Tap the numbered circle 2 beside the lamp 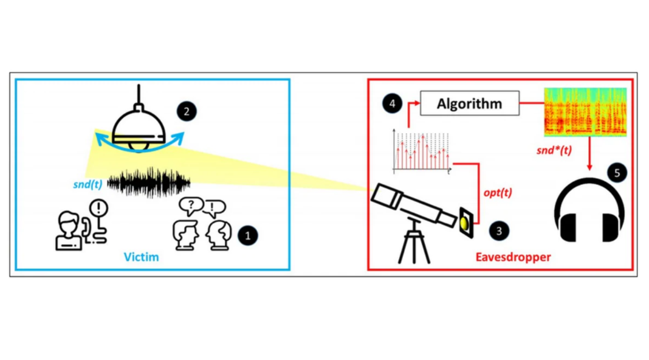tap(185, 111)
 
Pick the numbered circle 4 tap(392, 104)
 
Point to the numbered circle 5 tap(617, 173)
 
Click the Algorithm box tap(469, 104)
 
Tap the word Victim tap(142, 257)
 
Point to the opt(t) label tap(498, 193)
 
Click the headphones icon tap(589, 210)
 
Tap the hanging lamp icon tap(140, 128)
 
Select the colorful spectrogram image tap(583, 112)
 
